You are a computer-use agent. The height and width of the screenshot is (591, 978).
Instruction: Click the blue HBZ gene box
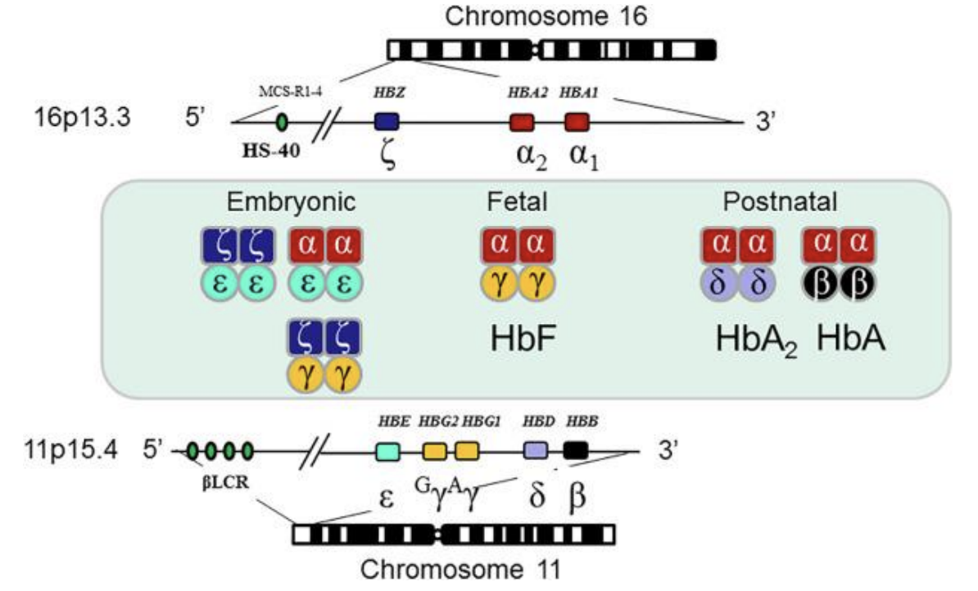(386, 122)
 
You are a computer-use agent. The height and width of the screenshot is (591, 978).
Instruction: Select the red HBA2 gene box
(522, 122)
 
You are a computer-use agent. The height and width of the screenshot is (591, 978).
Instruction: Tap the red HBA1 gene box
(577, 122)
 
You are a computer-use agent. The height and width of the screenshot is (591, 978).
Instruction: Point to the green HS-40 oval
(283, 123)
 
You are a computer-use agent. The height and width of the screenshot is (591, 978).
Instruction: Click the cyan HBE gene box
(387, 450)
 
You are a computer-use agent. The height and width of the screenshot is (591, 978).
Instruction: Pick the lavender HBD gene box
(535, 450)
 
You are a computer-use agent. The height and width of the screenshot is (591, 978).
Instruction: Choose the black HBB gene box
(575, 450)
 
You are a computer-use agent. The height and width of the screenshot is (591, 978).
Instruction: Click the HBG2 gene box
(435, 450)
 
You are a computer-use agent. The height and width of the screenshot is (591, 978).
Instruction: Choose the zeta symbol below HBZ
(388, 155)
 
